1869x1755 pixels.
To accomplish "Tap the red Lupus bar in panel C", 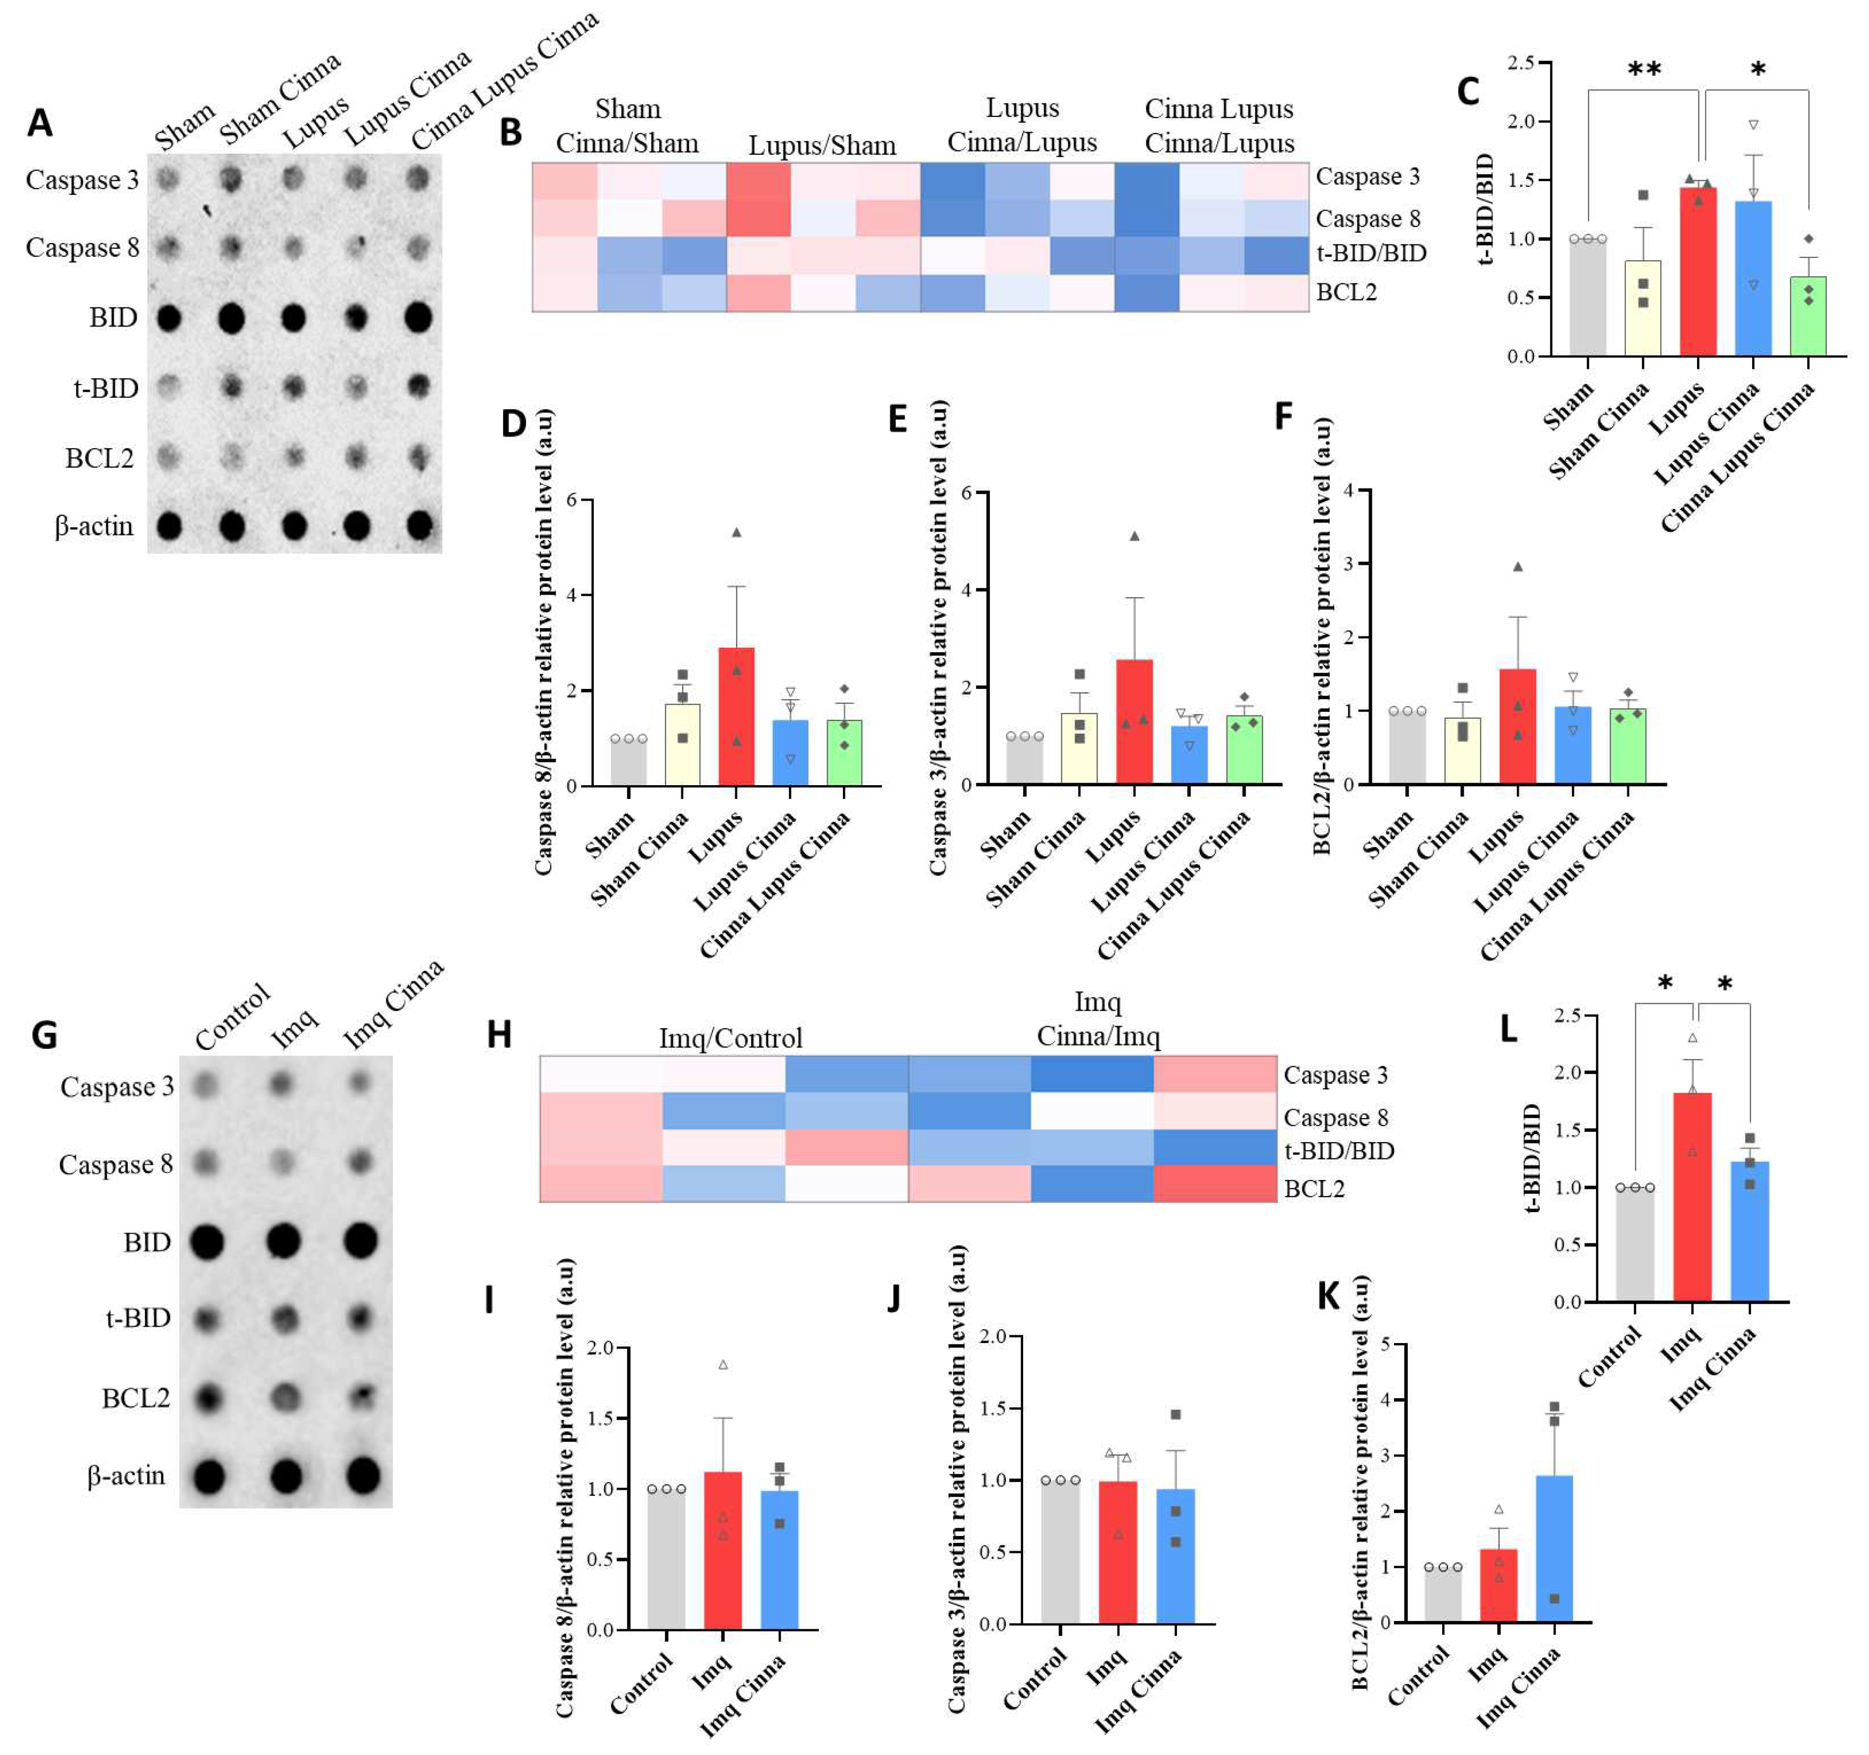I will pos(1698,273).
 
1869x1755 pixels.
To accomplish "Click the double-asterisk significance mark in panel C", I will pos(1645,70).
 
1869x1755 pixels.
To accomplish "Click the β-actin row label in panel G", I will pos(126,1475).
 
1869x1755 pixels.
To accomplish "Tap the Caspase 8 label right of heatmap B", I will pos(1367,218).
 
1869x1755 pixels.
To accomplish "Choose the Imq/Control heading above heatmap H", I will pos(730,1038).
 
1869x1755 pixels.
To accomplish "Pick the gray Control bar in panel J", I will pos(1060,1551).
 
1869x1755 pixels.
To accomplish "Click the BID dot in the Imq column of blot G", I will pos(283,1242).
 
